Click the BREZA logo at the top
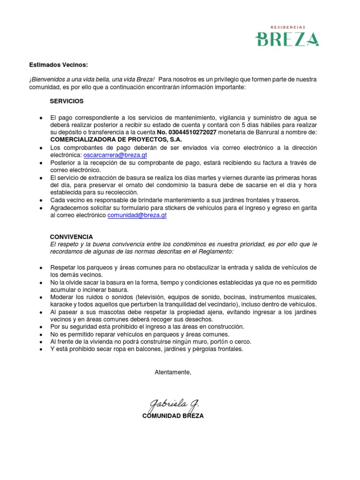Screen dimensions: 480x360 (287, 39)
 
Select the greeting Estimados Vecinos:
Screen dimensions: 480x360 (59, 65)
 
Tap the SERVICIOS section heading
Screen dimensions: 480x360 (67, 101)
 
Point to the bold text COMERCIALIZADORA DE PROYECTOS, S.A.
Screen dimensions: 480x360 (116, 140)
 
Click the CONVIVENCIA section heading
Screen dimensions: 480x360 (71, 237)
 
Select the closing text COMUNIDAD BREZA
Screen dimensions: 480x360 (173, 416)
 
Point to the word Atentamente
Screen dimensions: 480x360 (173, 372)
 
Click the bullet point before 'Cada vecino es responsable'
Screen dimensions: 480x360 (42, 200)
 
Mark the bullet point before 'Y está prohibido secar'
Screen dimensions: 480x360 (42, 349)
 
